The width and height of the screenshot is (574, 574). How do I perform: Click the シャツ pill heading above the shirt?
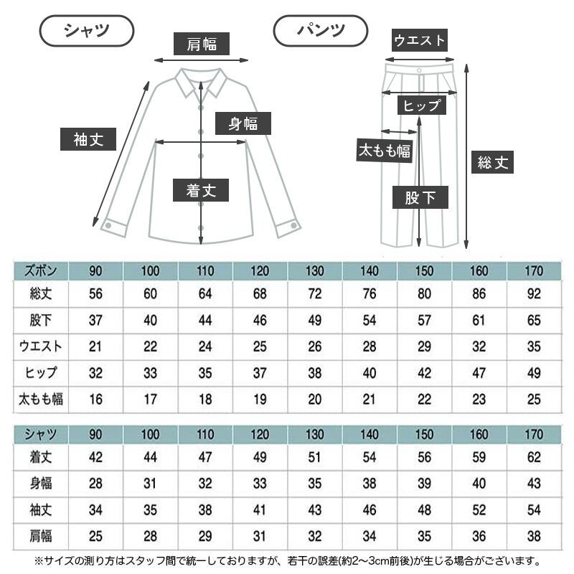tap(87, 31)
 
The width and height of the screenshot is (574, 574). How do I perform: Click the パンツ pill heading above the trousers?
tap(321, 31)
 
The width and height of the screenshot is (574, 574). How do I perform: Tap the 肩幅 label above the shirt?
tap(202, 44)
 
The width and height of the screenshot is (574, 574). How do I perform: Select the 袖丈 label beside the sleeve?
tap(88, 139)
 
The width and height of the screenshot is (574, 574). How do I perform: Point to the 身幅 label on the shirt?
tap(243, 123)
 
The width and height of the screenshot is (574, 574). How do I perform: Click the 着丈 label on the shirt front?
tap(201, 190)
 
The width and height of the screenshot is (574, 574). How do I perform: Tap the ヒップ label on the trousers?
tap(422, 105)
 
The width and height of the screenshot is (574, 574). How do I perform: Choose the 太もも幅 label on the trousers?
tap(385, 150)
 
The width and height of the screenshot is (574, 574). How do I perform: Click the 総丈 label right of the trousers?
tap(492, 162)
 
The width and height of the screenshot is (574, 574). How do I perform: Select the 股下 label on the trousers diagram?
tap(420, 197)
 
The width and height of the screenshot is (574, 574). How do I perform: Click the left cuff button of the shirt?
tap(108, 225)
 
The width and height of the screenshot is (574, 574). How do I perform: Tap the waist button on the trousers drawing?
tap(419, 70)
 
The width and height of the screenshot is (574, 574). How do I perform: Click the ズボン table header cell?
tap(41, 271)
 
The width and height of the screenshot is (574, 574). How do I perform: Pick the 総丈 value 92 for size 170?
tap(534, 293)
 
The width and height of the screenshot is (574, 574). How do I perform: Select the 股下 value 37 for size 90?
tap(95, 320)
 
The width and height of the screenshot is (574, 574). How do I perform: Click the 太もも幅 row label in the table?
tap(41, 399)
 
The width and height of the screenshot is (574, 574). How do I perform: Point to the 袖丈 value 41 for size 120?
tap(260, 509)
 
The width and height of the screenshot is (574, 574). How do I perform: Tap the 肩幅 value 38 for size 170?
tap(534, 536)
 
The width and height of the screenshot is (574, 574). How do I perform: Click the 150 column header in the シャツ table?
tap(424, 435)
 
